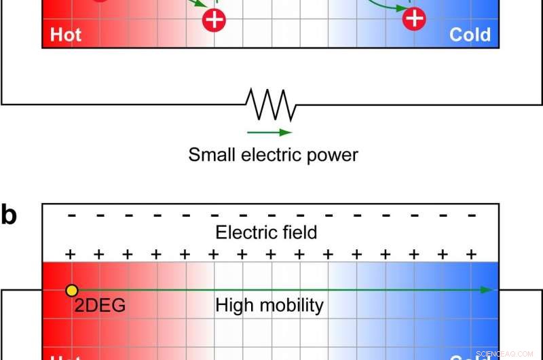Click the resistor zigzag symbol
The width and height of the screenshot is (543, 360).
[271, 105]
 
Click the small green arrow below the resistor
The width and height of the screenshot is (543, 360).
[269, 132]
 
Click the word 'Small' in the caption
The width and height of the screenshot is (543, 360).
[212, 155]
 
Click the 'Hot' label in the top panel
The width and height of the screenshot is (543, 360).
[66, 35]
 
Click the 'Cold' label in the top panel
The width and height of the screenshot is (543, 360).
[470, 35]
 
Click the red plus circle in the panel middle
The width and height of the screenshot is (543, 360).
[214, 20]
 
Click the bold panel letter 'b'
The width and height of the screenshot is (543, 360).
[9, 215]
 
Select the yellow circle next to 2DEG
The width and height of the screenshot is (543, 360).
[71, 291]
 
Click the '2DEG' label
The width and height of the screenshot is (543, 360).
[100, 306]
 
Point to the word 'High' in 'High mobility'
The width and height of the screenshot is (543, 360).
[233, 306]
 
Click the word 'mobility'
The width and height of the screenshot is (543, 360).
[290, 306]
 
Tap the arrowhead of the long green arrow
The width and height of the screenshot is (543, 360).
[487, 290]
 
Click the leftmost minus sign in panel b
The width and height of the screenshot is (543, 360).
[71, 215]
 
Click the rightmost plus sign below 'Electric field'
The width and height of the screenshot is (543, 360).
[471, 254]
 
